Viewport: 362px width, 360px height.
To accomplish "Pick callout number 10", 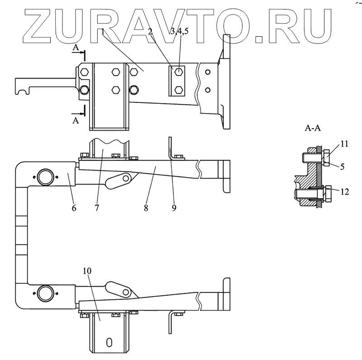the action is pos(87,271).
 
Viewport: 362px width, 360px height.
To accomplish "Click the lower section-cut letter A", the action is pos(76,121).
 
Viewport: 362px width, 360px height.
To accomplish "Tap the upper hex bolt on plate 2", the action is pos(180,72).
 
